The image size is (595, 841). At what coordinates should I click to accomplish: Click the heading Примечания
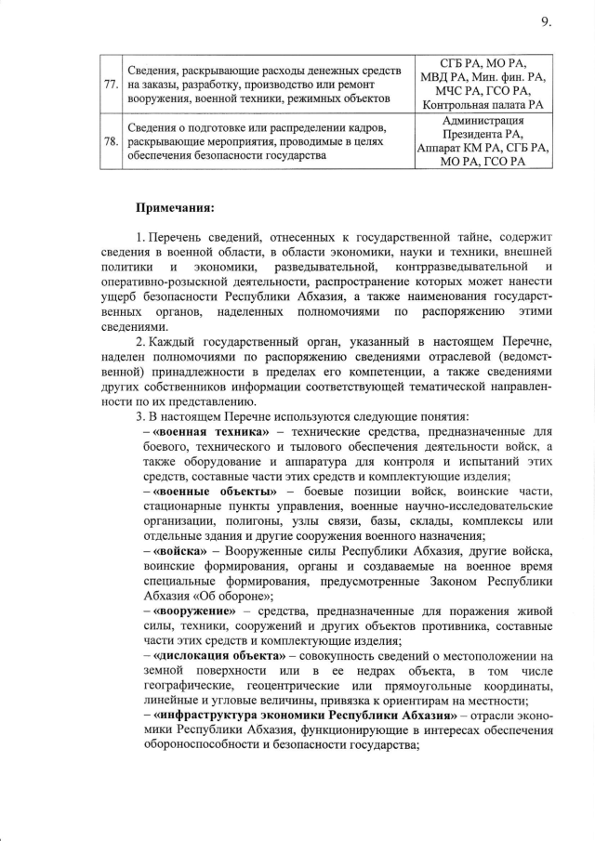click(x=176, y=207)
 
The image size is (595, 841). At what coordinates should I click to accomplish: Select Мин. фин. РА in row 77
click(x=513, y=77)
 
